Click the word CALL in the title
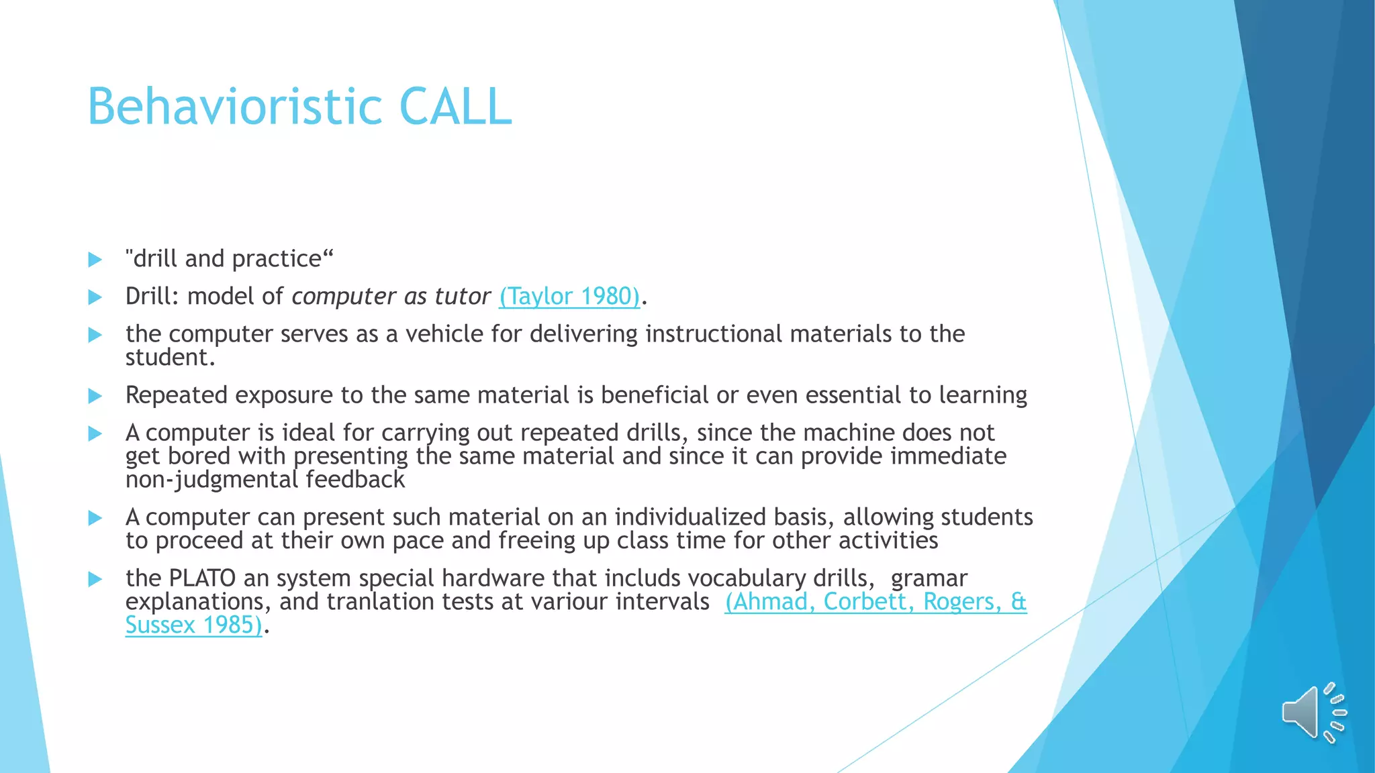456,107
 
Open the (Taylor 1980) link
569,296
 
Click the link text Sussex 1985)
193,625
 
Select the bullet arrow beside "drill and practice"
95,260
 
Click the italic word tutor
463,296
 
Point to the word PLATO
202,578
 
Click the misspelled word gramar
929,578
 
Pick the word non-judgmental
211,480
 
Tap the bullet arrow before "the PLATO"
95,579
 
